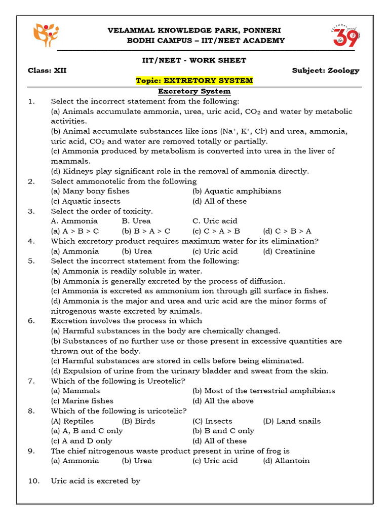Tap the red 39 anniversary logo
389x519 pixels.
click(345, 35)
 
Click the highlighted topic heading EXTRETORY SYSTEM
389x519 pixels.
click(194, 81)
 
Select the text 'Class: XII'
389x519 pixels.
click(47, 70)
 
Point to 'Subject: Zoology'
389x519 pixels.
click(325, 70)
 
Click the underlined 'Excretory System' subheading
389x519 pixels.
click(194, 91)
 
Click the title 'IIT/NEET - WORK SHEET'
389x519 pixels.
click(194, 60)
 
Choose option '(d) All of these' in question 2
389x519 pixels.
click(219, 201)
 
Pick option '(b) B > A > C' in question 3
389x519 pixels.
click(146, 231)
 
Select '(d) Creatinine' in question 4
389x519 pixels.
click(289, 251)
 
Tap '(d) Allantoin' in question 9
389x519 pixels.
click(286, 461)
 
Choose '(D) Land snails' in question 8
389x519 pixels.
click(292, 421)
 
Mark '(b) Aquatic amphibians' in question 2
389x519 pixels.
click(237, 191)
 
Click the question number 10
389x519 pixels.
click(33, 481)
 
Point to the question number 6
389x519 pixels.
click(31, 321)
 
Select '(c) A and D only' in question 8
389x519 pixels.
click(82, 441)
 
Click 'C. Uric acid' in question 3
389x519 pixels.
click(215, 221)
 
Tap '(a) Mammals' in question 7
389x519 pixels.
click(75, 391)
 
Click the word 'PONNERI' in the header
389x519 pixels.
click(263, 30)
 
